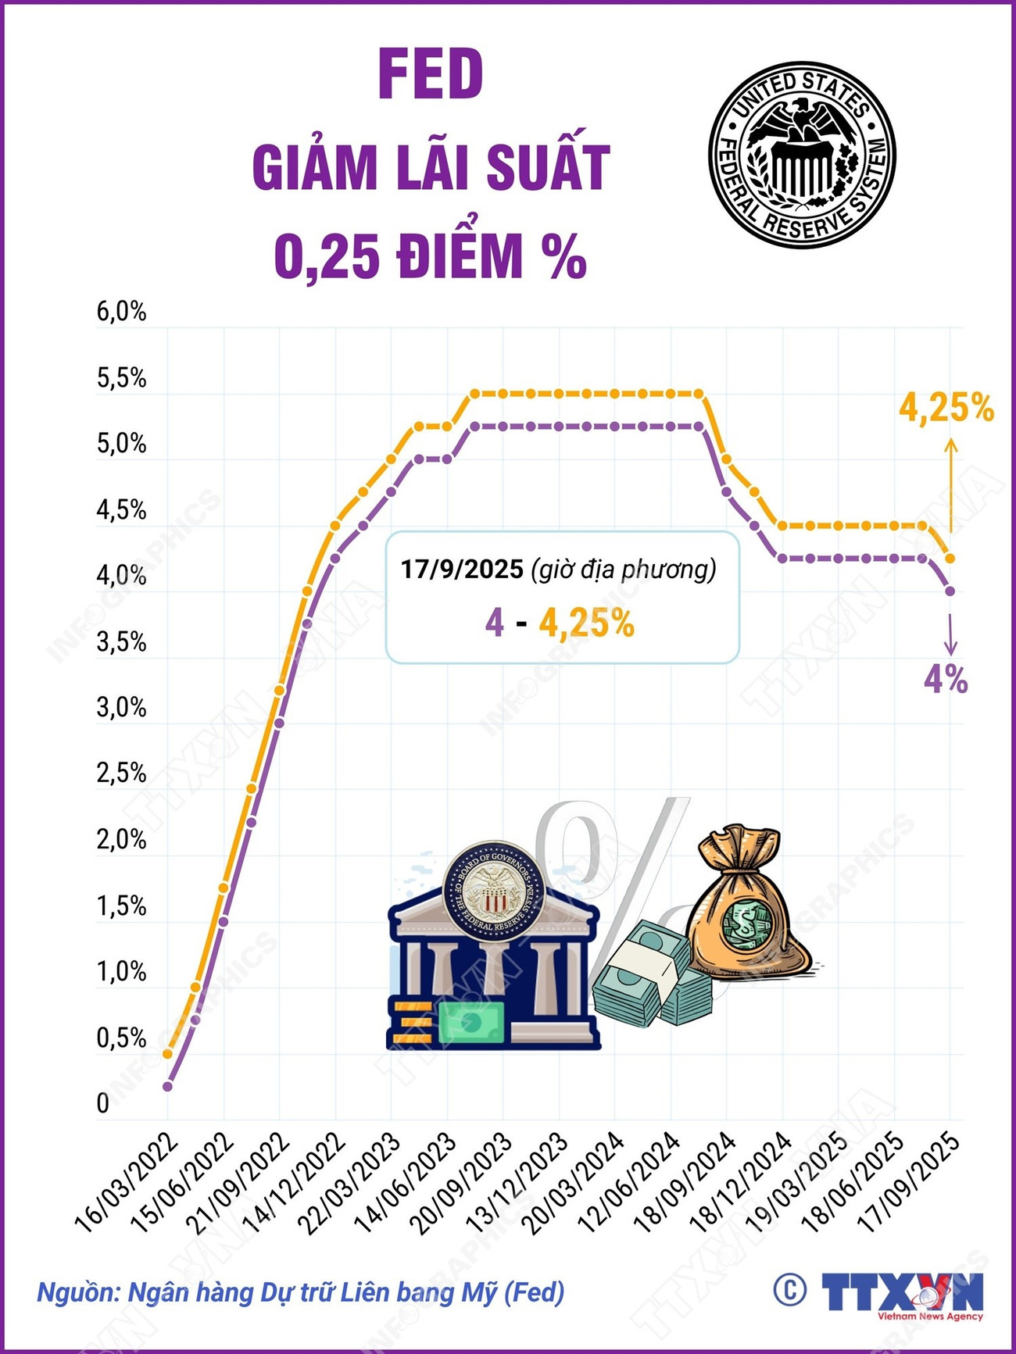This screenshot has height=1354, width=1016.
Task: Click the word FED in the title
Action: [x=431, y=75]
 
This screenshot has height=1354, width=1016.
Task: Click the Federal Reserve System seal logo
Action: [x=802, y=155]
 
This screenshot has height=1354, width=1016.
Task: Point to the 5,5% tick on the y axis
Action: [x=121, y=378]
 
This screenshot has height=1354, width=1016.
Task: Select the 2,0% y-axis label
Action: [x=121, y=840]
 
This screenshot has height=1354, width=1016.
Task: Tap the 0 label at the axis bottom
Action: [x=103, y=1104]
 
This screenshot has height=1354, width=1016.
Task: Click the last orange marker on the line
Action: [x=950, y=558]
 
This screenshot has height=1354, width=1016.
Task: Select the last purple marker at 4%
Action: [x=950, y=591]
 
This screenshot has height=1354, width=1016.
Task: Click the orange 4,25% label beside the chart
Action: [x=946, y=408]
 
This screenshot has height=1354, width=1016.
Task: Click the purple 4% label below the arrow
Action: [x=946, y=680]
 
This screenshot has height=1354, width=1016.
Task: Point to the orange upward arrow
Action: [x=950, y=484]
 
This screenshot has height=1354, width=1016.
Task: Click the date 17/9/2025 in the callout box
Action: [x=462, y=569]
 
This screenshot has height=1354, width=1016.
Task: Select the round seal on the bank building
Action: [x=492, y=891]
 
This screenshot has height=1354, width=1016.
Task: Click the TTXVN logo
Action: [x=903, y=1293]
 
